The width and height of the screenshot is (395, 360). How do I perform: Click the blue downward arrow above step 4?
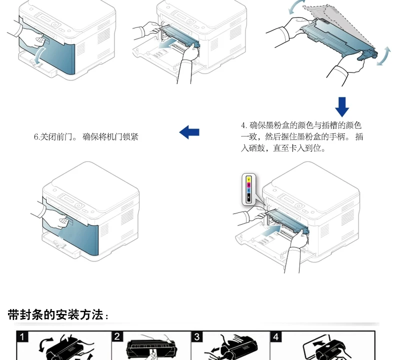pos(342,106)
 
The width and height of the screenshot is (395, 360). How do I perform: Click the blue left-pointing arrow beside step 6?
pos(189,131)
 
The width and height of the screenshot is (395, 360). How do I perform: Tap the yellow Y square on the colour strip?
pos(248,179)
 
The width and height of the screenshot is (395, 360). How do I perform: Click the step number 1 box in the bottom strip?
pos(21,336)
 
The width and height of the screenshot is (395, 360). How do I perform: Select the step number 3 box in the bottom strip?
pos(198,336)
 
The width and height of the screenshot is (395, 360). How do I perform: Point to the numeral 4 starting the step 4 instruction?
pos(243,125)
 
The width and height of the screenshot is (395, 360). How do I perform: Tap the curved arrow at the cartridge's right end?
pos(383,56)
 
